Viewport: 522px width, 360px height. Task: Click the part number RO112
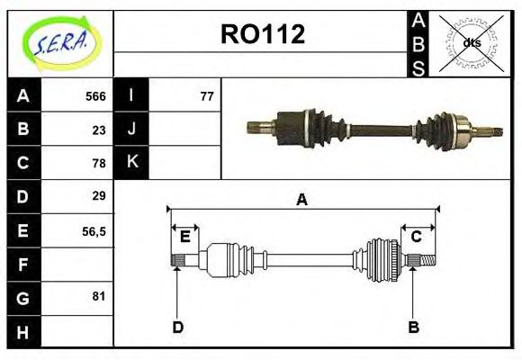(x=263, y=34)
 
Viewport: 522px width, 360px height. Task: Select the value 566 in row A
(x=95, y=96)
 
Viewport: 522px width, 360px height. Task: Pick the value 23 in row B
(x=99, y=130)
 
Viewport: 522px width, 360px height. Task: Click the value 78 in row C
(x=99, y=163)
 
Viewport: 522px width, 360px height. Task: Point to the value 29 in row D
(x=99, y=195)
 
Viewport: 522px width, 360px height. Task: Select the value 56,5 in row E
(x=94, y=230)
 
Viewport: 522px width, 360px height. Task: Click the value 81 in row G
(x=99, y=295)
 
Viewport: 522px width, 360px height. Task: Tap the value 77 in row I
(x=207, y=96)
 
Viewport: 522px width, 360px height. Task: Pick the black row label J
(x=131, y=129)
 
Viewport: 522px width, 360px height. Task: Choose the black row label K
(x=131, y=162)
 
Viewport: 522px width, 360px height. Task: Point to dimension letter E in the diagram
(x=184, y=237)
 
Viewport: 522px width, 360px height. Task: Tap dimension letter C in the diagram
(x=417, y=237)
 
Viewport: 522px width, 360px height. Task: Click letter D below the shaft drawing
(x=177, y=327)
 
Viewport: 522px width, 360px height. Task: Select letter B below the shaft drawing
(x=413, y=327)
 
